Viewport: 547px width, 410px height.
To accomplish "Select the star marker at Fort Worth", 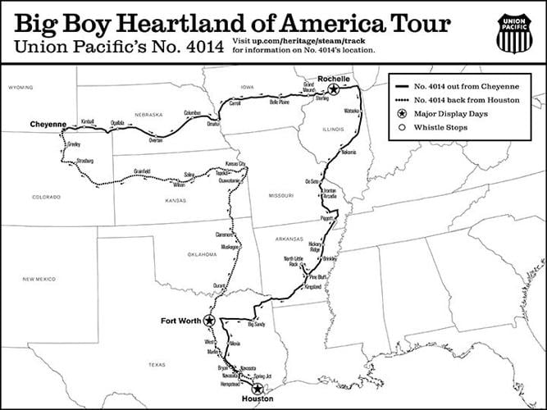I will click(x=210, y=320).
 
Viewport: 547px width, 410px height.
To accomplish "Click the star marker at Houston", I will click(x=257, y=389).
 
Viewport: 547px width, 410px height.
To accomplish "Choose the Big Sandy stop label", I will click(x=257, y=326).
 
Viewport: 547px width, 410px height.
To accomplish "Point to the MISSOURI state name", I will click(x=280, y=195).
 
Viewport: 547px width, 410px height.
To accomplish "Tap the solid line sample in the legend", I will click(x=402, y=85).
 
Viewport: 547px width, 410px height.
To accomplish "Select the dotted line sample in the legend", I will click(x=402, y=99).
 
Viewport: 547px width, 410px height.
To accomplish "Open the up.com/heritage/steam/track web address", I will click(x=303, y=39).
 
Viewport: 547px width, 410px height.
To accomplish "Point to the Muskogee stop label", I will click(x=228, y=246).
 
